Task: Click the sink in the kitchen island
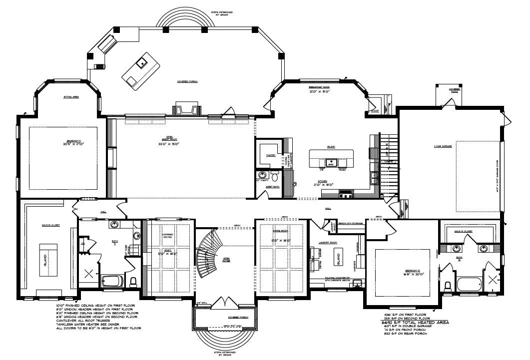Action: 330,162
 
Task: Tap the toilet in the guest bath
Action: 274,176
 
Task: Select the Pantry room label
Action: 271,156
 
